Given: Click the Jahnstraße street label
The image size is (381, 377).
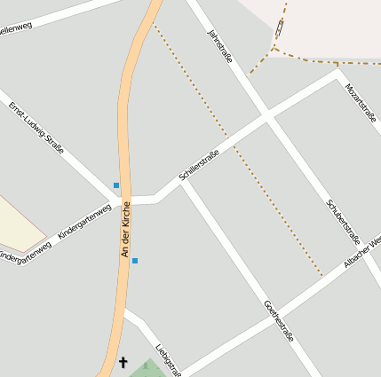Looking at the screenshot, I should click(219, 46).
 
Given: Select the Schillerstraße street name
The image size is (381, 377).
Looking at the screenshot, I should click(199, 166).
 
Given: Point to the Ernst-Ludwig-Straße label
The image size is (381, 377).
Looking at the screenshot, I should click(36, 128).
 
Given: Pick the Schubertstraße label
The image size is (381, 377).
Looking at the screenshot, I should click(342, 221).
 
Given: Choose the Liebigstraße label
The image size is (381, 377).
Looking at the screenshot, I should click(168, 359).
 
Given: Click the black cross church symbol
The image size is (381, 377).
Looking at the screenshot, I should click(123, 362).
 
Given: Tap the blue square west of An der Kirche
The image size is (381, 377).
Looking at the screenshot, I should click(116, 185).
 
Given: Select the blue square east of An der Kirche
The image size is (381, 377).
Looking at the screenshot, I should click(135, 261).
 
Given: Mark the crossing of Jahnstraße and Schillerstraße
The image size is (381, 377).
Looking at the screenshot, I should click(266, 117).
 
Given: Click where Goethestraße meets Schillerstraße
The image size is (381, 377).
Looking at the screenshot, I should click(183, 184).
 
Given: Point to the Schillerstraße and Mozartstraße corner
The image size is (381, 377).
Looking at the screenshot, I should click(337, 75).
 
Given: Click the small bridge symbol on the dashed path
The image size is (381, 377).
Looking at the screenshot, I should click(281, 29).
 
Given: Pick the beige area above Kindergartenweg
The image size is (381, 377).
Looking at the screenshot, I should click(18, 223).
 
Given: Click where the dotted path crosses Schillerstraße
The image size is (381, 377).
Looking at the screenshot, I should click(229, 140).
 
